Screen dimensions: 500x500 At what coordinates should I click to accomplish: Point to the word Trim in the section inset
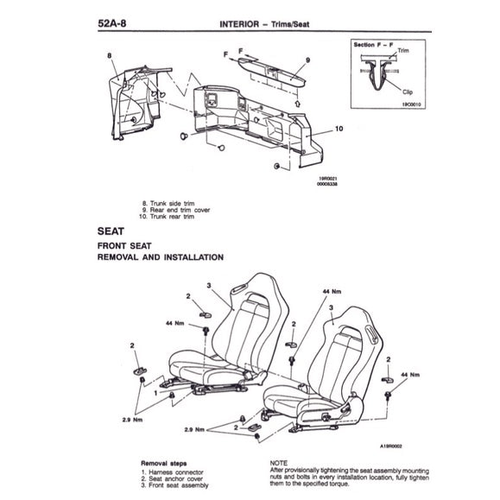click(x=404, y=53)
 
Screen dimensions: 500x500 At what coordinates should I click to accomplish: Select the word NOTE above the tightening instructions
click(x=281, y=462)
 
